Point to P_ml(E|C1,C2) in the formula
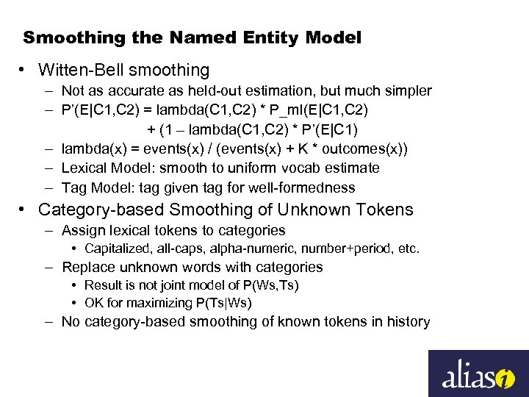325,110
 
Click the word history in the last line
407,321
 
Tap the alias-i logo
478,373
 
